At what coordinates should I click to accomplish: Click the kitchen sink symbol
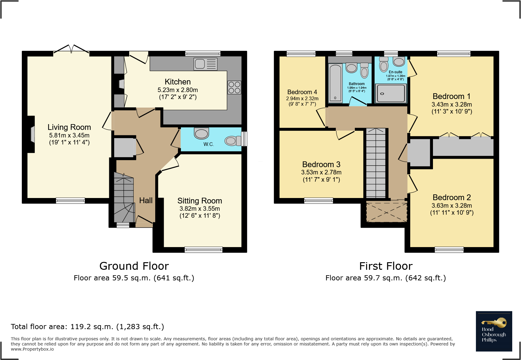(206, 64)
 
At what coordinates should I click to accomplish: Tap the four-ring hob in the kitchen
(234, 88)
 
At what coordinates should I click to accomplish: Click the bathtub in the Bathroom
(335, 83)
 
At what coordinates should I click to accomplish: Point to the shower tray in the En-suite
(391, 93)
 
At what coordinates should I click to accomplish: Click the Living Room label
(69, 127)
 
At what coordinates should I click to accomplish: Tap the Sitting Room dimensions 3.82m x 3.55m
(200, 209)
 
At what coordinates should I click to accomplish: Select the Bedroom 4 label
(302, 92)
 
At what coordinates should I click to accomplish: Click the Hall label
(146, 200)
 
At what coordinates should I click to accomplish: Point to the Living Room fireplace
(32, 134)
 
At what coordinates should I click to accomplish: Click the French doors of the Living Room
(71, 50)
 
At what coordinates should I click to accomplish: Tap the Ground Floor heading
(134, 266)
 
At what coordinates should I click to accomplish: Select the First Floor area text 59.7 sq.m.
(385, 278)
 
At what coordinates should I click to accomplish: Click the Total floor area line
(87, 327)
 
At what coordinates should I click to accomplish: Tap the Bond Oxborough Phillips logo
(494, 331)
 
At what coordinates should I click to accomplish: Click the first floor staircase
(376, 163)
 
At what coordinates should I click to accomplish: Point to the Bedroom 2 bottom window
(449, 250)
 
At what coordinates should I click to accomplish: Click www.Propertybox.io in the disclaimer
(32, 349)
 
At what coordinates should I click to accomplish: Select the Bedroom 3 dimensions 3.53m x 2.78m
(321, 172)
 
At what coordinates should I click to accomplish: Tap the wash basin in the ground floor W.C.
(202, 133)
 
